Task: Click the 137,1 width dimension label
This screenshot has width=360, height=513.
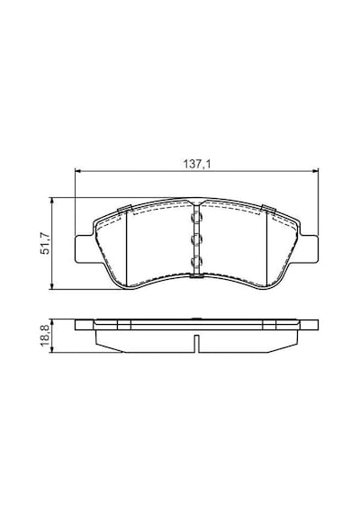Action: pyautogui.click(x=196, y=164)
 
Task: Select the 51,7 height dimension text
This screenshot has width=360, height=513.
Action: pyautogui.click(x=44, y=243)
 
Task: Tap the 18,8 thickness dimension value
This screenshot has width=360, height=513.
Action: pyautogui.click(x=44, y=336)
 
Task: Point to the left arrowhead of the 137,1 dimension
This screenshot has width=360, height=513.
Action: pyautogui.click(x=77, y=170)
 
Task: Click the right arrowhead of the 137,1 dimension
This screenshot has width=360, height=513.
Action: pyautogui.click(x=316, y=170)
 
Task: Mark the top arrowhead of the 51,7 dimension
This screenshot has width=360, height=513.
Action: pyautogui.click(x=51, y=200)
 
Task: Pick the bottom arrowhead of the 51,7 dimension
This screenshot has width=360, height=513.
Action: pyautogui.click(x=51, y=286)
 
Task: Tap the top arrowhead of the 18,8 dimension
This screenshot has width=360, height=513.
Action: pyautogui.click(x=51, y=322)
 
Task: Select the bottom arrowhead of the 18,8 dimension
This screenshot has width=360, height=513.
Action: pyautogui.click(x=51, y=350)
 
